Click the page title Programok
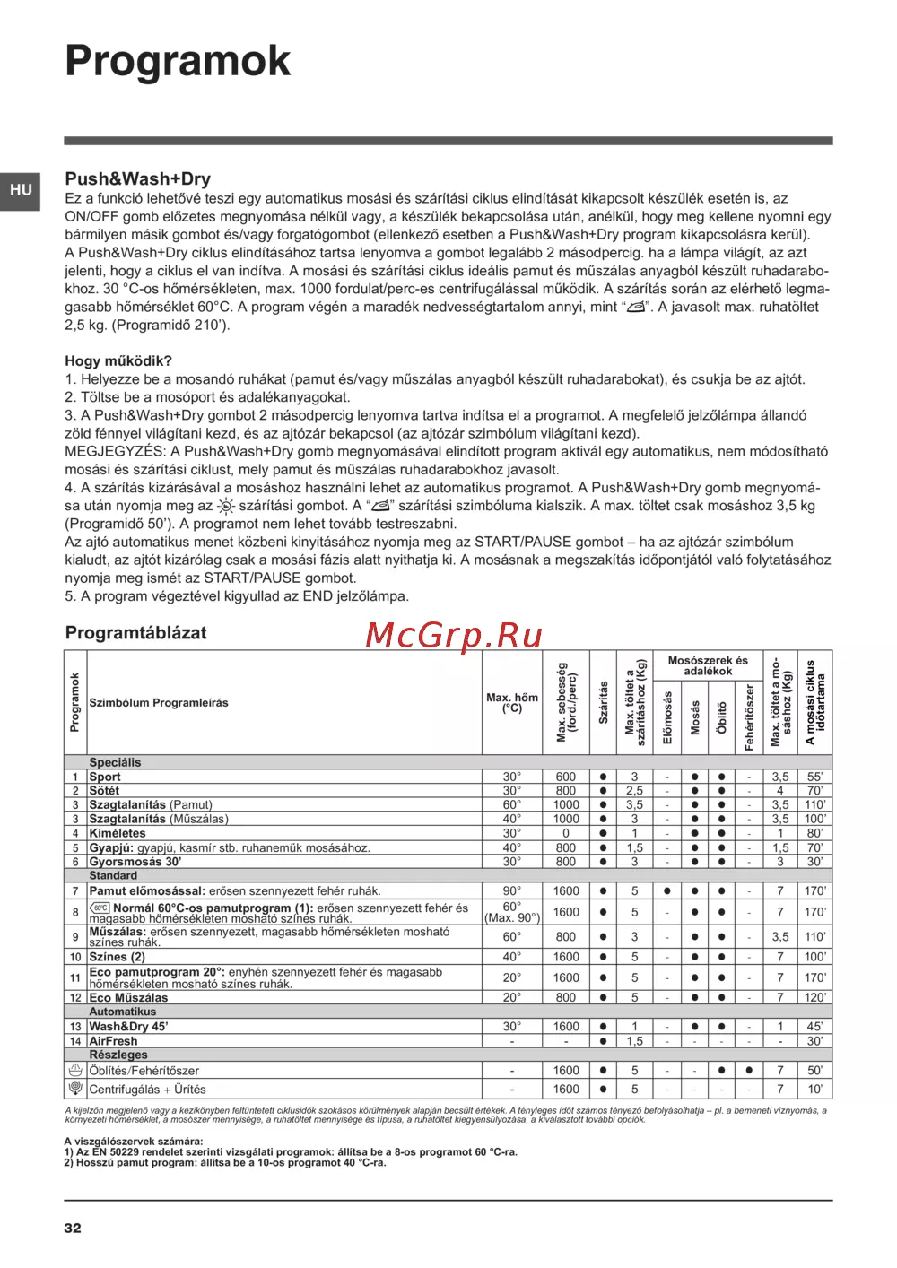point(178,61)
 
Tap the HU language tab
point(21,190)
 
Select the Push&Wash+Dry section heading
point(137,178)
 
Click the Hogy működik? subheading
point(118,360)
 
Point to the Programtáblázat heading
point(135,632)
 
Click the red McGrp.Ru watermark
point(454,635)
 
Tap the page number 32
point(73,1228)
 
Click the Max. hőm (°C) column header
point(512,703)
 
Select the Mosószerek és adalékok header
point(708,665)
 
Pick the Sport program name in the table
point(105,777)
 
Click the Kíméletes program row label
point(118,833)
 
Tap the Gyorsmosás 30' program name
point(135,862)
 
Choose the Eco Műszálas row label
point(128,997)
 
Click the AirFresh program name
point(113,1041)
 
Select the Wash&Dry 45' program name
point(128,1027)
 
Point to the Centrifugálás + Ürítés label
point(147,1090)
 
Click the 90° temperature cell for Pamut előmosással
point(511,891)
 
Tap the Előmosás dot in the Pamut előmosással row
point(666,891)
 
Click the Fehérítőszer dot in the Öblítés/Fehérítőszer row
point(749,1070)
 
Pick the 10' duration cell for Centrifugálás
point(814,1090)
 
